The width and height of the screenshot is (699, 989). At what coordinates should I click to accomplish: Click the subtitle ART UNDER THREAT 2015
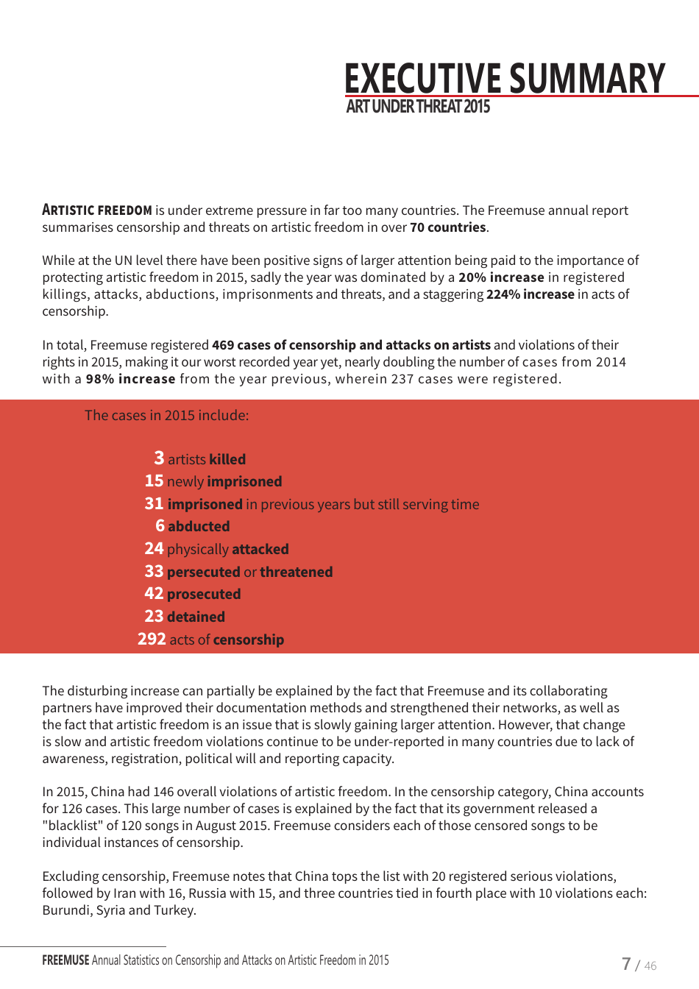(x=417, y=107)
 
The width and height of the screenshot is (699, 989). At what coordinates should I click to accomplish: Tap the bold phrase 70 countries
(x=447, y=227)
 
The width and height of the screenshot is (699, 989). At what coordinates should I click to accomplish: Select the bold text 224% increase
(x=530, y=294)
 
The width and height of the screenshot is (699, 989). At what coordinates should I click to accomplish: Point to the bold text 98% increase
(x=130, y=379)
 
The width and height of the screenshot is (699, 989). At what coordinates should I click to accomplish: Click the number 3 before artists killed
(x=159, y=458)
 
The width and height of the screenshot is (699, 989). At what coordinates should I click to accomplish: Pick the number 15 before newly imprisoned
(x=154, y=481)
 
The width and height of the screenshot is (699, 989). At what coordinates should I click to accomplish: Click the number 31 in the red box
(x=154, y=504)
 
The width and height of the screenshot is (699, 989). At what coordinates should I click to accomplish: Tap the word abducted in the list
(x=199, y=527)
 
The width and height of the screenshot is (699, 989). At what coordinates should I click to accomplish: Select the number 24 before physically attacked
(x=154, y=549)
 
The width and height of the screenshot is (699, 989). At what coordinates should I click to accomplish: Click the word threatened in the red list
(x=296, y=572)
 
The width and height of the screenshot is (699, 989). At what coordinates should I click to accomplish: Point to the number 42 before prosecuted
(x=154, y=594)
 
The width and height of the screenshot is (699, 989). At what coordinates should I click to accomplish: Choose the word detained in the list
(x=196, y=617)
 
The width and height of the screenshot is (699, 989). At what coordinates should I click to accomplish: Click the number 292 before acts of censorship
(x=152, y=639)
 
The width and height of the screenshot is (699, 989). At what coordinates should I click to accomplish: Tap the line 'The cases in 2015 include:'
(x=166, y=416)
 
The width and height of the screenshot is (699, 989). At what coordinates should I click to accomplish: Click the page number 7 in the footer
(x=626, y=964)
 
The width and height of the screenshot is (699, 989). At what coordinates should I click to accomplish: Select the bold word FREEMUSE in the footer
(x=65, y=960)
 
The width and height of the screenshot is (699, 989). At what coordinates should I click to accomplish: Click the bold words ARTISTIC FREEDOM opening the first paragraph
(x=97, y=210)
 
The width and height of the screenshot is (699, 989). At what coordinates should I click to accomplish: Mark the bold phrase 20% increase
(x=501, y=277)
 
